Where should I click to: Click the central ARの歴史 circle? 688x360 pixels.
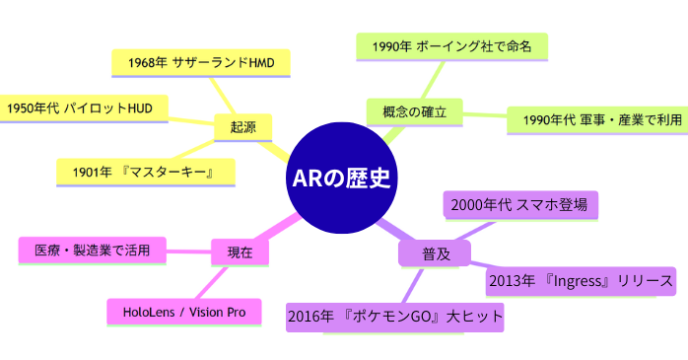tap(341, 179)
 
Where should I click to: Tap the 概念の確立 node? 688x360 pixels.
tap(413, 112)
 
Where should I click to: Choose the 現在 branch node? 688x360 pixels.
tap(241, 252)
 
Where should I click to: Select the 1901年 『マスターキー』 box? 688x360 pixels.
tap(145, 172)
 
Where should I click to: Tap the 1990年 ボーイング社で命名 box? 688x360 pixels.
tap(450, 45)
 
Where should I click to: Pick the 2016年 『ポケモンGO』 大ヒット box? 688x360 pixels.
tap(395, 317)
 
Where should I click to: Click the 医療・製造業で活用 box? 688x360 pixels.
tap(93, 251)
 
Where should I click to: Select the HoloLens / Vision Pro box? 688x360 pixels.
tap(183, 311)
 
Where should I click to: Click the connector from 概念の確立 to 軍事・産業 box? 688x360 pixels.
tap(483, 116)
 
